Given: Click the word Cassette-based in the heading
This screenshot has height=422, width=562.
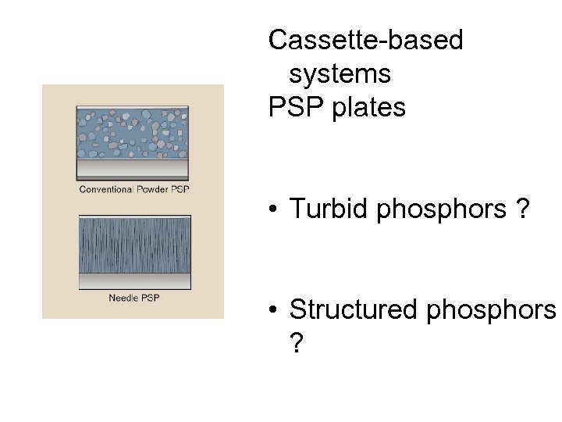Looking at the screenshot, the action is [365, 41].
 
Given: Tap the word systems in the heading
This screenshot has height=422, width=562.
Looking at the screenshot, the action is [340, 74].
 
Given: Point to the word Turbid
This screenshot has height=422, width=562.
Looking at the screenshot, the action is [329, 209].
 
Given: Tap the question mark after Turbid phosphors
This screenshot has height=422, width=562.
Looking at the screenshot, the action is [521, 209].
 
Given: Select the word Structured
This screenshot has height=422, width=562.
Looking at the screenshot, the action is [353, 309].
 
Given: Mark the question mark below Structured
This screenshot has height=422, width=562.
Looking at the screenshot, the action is [297, 343].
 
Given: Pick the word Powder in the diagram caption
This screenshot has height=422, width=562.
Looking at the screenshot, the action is [154, 189].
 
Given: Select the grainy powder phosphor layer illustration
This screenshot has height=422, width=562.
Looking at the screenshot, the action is [133, 133].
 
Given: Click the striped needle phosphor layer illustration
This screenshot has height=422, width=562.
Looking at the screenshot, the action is [133, 244].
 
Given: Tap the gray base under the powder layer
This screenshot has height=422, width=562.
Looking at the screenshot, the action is [133, 170].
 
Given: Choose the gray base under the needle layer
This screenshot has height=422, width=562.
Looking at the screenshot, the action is [133, 281].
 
